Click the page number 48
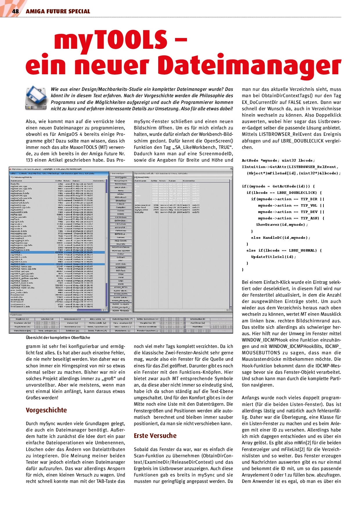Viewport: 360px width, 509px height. coord(15,11)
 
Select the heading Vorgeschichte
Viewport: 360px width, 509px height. coord(46,410)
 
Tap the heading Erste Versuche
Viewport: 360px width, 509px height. coord(155,436)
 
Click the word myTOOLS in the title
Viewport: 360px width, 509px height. coord(110,41)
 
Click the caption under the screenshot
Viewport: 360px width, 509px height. coord(58,337)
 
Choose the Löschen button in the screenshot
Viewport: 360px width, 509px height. coord(47,319)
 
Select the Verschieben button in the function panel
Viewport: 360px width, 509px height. coord(22,331)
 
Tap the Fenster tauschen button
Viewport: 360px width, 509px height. coord(147,331)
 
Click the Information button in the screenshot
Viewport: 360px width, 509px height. coord(197,319)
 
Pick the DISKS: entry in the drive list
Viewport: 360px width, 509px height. coord(121,214)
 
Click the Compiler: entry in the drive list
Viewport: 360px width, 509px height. coord(121,207)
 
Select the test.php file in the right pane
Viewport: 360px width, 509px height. coord(139,212)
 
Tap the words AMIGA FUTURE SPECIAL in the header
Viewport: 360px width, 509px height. coord(58,11)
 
